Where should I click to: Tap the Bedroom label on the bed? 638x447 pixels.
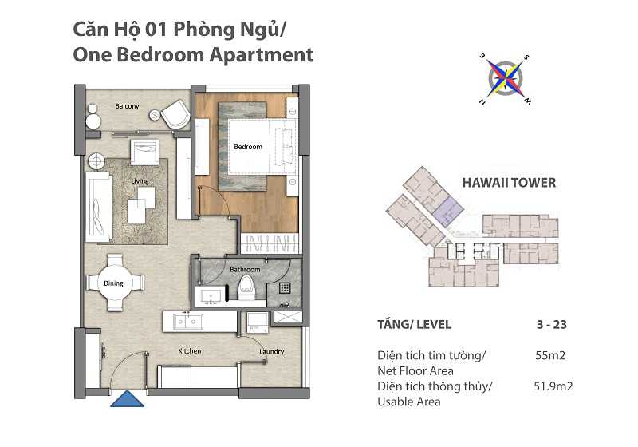[247, 147]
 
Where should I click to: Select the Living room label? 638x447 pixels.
[140, 181]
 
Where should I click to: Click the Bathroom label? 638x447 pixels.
[245, 270]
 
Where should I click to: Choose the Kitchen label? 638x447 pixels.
[190, 351]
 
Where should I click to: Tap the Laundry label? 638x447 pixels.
[271, 352]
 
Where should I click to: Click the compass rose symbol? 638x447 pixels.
[506, 78]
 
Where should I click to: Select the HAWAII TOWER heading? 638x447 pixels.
[509, 183]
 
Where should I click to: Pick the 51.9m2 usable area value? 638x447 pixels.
[553, 386]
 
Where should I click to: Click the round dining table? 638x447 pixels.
[113, 282]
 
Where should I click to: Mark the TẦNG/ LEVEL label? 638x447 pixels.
[414, 325]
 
